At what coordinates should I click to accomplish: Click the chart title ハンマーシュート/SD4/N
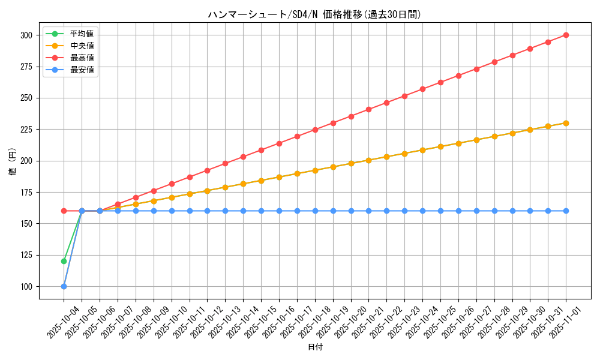click(314, 14)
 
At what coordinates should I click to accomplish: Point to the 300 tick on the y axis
click(25, 35)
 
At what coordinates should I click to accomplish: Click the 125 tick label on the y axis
click(25, 256)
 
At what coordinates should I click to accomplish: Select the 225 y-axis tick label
click(25, 130)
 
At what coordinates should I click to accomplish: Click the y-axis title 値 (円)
click(13, 161)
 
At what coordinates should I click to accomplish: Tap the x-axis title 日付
click(314, 347)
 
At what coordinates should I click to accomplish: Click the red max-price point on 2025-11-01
click(566, 35)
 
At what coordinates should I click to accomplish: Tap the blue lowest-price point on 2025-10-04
click(64, 286)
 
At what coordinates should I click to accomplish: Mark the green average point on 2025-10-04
click(64, 261)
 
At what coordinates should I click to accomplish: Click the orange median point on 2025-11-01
click(566, 123)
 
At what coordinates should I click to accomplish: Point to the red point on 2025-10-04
click(64, 211)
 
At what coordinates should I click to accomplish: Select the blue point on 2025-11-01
click(566, 211)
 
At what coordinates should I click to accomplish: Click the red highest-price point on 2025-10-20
click(351, 116)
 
